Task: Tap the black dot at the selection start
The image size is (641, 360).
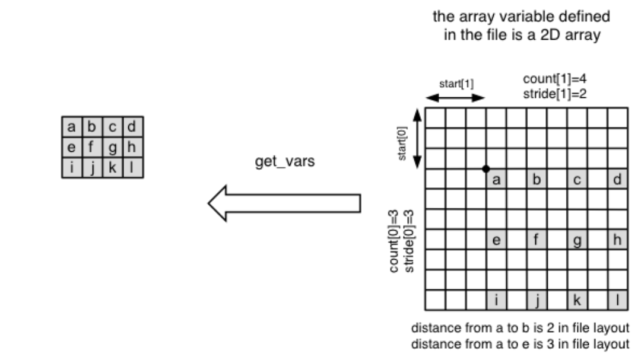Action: (486, 169)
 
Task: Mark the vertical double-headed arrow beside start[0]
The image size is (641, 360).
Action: (417, 138)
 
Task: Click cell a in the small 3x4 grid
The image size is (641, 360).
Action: (72, 127)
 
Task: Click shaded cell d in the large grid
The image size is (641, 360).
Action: (617, 179)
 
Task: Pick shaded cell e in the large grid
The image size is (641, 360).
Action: (496, 240)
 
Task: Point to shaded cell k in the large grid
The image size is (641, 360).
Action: (577, 300)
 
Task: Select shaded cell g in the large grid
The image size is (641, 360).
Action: (577, 240)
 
